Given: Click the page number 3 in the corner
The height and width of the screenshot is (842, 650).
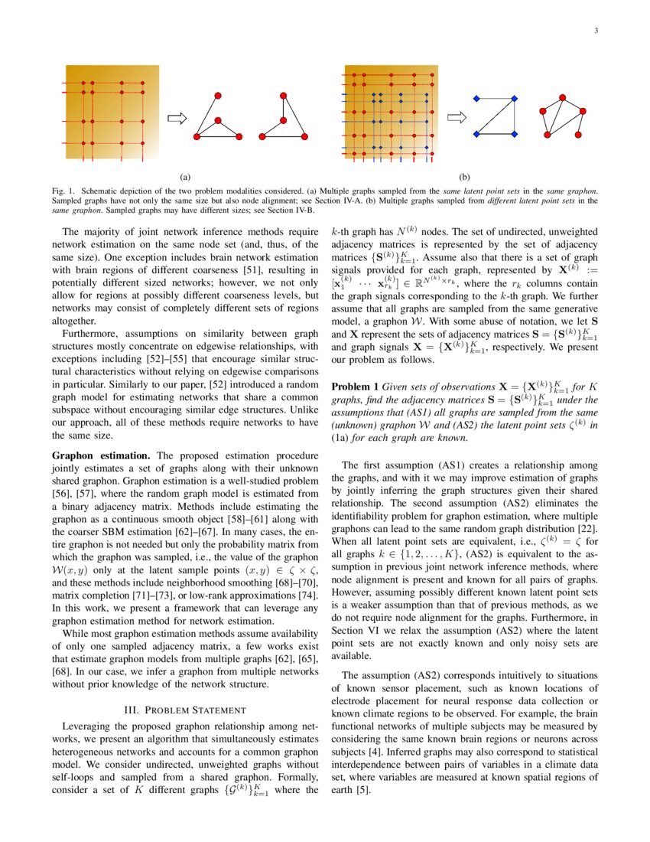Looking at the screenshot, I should tap(595, 31).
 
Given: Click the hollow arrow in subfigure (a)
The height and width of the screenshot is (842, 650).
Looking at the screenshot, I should tap(177, 117).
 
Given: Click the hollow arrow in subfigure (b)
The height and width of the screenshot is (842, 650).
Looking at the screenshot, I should tap(457, 117).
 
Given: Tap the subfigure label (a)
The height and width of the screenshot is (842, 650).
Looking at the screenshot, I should tap(185, 175).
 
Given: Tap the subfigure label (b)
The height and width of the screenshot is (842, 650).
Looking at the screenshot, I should tap(465, 175).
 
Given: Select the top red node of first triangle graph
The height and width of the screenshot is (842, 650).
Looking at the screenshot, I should tap(218, 95).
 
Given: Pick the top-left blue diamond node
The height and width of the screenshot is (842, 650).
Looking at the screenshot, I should tap(476, 98).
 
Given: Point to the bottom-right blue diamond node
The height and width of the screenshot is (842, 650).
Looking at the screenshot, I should tap(515, 134).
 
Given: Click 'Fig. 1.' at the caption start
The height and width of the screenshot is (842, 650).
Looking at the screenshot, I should tap(64, 188).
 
